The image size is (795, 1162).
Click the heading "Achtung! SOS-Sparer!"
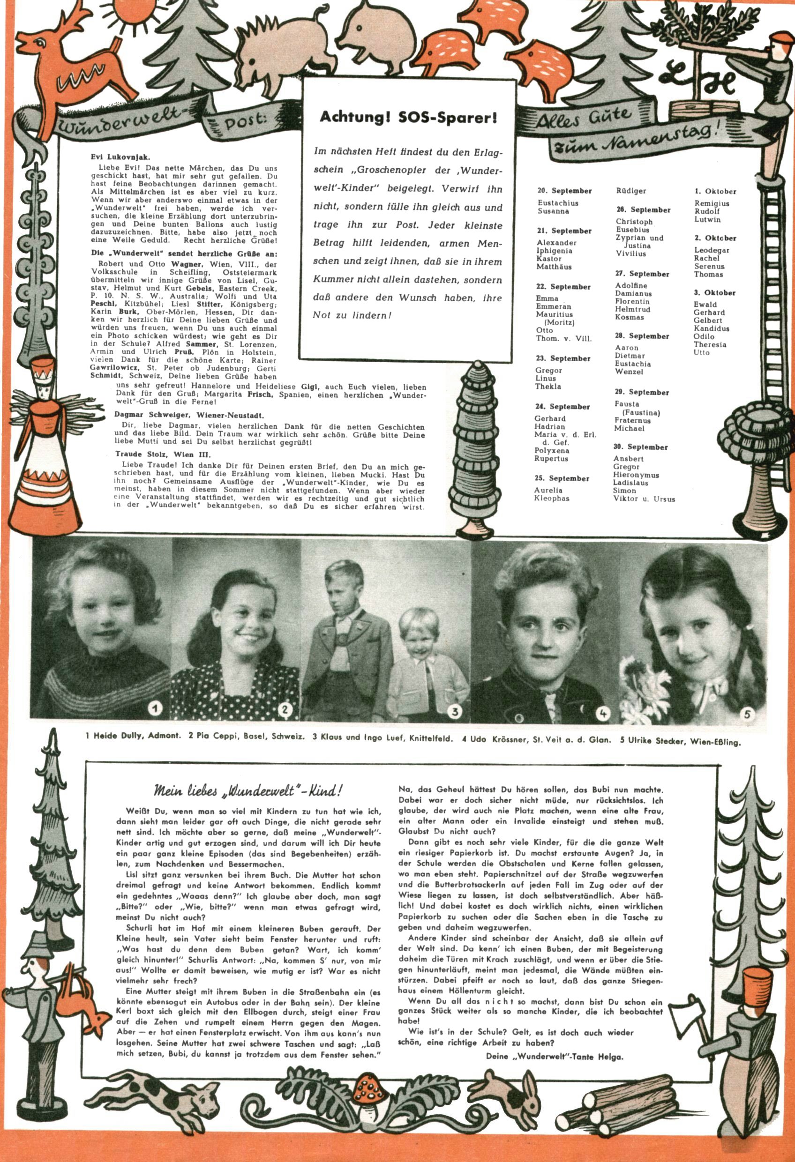pos(408,118)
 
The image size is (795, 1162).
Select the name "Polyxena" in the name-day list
pos(551,450)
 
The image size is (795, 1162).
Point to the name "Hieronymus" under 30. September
pos(636,475)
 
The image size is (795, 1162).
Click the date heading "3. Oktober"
pos(714,292)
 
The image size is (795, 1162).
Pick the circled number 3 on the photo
pos(455,712)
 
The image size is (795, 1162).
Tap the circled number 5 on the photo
pos(747,714)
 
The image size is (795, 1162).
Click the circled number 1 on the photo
pos(156,708)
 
